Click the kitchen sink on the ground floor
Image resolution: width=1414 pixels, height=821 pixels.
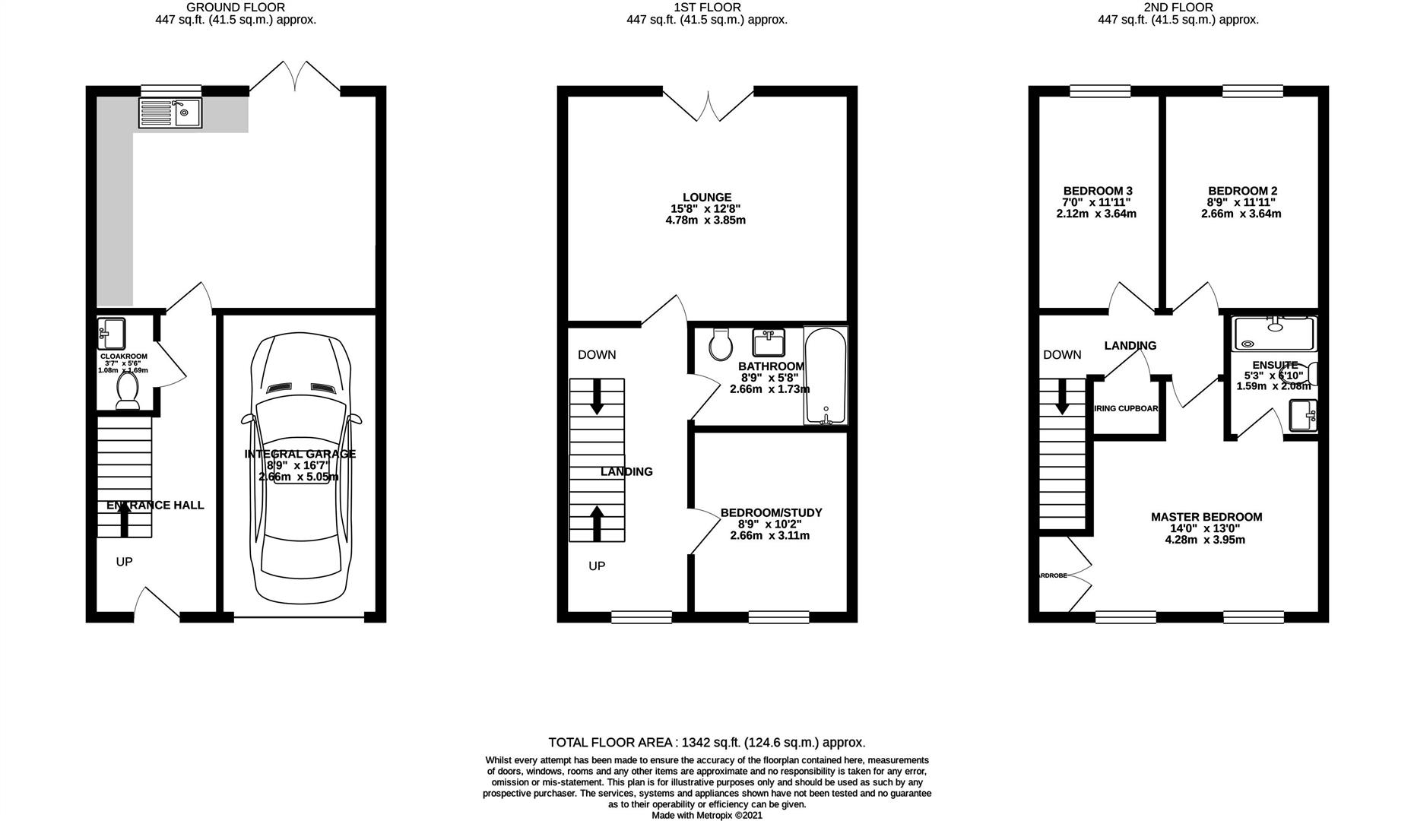point(171,113)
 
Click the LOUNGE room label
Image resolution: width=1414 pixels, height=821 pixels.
point(707,198)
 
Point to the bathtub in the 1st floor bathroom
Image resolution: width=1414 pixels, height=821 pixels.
point(825,376)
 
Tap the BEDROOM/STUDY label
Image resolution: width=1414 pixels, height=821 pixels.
point(771,513)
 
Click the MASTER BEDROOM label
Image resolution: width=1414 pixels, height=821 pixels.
point(1206,517)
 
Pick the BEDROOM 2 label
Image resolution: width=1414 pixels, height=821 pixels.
point(1242,191)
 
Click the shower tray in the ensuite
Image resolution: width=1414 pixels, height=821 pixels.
point(1273,334)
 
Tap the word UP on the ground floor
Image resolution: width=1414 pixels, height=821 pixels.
point(124,562)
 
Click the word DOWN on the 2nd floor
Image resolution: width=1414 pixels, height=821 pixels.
point(1062,354)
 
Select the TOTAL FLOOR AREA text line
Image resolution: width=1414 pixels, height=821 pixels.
point(707,742)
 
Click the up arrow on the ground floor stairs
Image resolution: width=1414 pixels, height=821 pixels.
point(124,521)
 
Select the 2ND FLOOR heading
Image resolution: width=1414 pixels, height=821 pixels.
point(1178,8)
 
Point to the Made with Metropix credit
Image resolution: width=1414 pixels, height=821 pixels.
point(706,815)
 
